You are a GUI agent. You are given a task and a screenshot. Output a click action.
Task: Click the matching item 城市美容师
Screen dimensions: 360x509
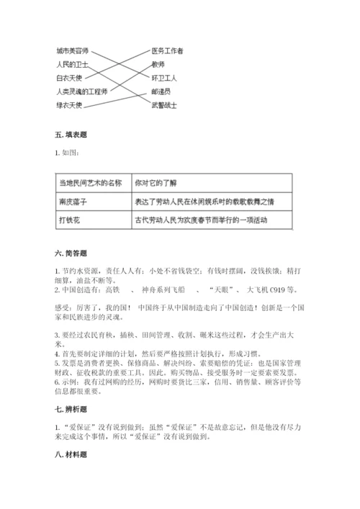coord(72,51)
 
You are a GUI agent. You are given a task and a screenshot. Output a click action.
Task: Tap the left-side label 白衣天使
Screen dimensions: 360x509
coord(69,78)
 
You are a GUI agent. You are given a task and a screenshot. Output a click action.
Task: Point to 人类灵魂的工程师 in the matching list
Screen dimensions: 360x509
coord(81,91)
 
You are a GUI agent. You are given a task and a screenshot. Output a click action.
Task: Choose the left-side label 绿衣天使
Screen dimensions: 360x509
coord(69,105)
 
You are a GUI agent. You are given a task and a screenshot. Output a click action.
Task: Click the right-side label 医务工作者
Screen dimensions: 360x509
coord(167,51)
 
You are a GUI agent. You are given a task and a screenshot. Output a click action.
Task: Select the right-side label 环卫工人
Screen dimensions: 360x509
coord(164,78)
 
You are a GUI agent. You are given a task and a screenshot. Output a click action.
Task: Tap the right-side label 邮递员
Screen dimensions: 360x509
coord(161,91)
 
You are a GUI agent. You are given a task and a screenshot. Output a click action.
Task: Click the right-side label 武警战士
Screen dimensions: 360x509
coord(164,105)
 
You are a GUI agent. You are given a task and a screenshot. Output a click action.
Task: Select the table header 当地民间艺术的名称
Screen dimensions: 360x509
coord(90,184)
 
